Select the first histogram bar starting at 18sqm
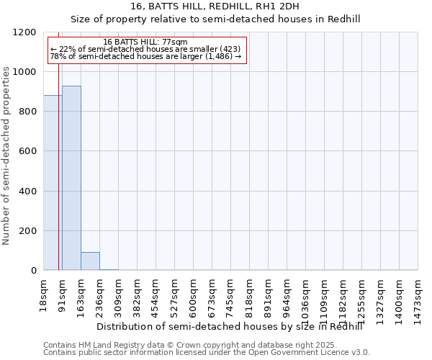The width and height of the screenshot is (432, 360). [x=53, y=183]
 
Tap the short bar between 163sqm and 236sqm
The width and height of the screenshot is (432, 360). [x=90, y=261]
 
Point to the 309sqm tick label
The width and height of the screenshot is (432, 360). [x=119, y=294]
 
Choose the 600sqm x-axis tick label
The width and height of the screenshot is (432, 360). [x=194, y=294]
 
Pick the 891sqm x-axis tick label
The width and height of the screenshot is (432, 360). [x=269, y=294]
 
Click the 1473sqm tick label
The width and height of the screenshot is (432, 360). [x=418, y=297]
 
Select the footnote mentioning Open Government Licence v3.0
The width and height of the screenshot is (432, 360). [x=207, y=353]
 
